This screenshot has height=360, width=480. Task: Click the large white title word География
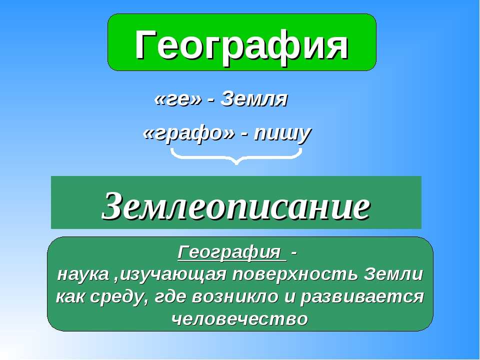point(241,46)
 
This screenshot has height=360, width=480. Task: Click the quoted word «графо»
point(189,133)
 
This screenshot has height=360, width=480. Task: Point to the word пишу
point(282,133)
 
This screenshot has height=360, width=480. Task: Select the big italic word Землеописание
point(235,205)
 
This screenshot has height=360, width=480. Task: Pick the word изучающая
point(173,275)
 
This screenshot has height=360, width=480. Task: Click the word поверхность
point(295,274)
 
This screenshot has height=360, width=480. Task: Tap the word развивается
point(362,297)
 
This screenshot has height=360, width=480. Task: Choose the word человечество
point(239,319)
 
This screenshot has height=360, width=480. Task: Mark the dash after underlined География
point(294,253)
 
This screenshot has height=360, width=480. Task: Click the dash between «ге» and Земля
point(210,100)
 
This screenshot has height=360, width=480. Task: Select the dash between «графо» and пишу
point(244,135)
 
